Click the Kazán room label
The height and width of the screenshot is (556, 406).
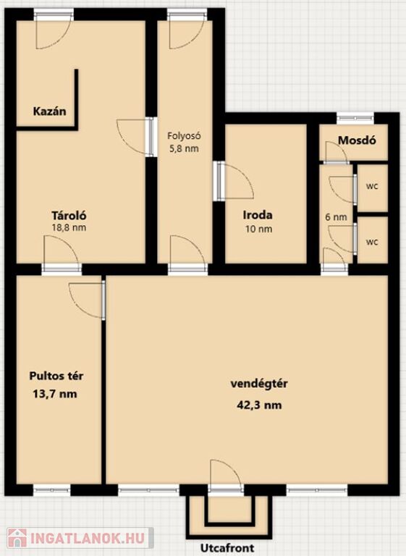50,111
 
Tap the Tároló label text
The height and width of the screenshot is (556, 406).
69,216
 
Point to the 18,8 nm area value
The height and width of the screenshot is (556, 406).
69,227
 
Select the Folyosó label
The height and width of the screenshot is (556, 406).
185,136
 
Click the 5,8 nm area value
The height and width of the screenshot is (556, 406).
184,148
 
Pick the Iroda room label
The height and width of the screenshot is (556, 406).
258,215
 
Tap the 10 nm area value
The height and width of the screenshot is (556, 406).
259,229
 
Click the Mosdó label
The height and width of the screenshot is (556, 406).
357,140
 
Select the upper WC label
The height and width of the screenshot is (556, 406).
372,187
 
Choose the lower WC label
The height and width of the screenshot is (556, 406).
372,243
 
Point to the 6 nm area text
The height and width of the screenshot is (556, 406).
336,216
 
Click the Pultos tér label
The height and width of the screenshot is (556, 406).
56,376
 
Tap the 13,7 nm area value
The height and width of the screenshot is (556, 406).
55,394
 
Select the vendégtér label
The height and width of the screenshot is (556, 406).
259,384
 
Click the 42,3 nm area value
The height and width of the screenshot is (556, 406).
259,405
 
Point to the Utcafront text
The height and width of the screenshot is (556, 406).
227,548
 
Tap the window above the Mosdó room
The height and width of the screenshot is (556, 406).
355,119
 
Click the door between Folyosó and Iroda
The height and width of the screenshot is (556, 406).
234,181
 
